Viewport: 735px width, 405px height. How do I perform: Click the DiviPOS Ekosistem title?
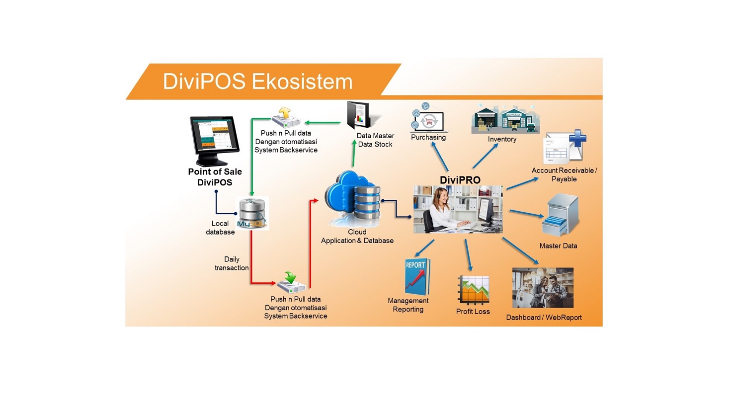[x=257, y=81]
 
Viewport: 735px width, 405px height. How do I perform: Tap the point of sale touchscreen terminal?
[x=214, y=140]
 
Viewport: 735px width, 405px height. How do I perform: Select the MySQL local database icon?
[x=252, y=213]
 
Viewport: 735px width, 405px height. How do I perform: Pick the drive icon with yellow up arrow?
[x=286, y=117]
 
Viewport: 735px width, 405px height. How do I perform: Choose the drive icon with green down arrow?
[x=291, y=283]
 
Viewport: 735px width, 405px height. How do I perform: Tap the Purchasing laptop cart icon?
[x=427, y=118]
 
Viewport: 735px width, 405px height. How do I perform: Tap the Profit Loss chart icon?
[x=473, y=290]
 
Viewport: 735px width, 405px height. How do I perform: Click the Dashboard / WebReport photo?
[x=543, y=288]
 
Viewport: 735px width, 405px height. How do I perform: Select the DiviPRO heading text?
[x=460, y=180]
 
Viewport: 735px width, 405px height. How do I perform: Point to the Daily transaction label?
[x=232, y=263]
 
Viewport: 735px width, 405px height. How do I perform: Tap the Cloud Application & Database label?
[x=357, y=237]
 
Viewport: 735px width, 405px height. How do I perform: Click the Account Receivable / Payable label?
[x=564, y=174]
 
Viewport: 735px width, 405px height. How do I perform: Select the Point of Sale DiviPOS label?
[x=215, y=177]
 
